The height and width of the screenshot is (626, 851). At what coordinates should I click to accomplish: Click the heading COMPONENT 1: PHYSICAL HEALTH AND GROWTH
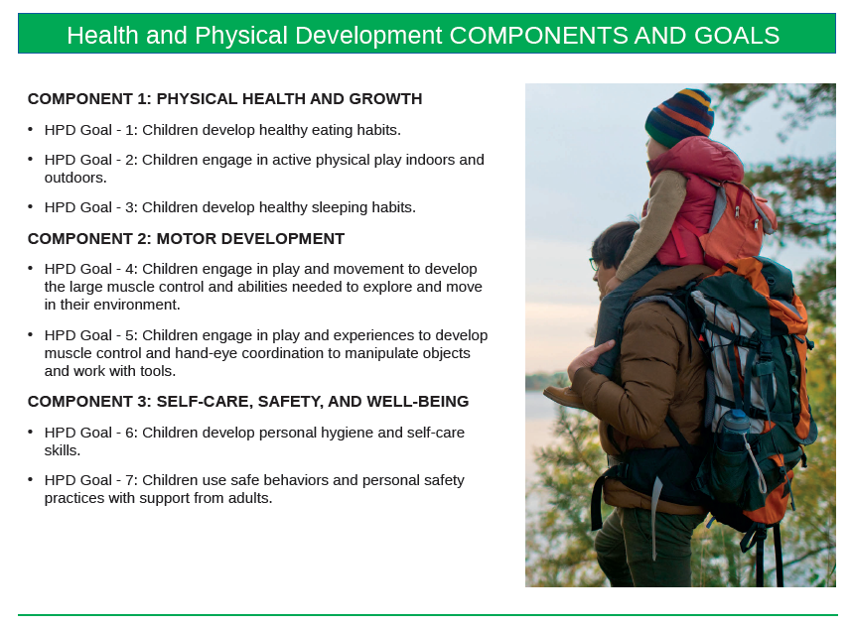[224, 98]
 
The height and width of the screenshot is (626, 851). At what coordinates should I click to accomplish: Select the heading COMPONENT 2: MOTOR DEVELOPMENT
[186, 238]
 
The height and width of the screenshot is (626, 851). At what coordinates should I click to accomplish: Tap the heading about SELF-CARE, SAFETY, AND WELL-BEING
[248, 401]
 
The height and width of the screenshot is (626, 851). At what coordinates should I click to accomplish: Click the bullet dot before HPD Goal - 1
[31, 129]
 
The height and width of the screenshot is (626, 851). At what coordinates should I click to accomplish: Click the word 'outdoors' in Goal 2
[73, 178]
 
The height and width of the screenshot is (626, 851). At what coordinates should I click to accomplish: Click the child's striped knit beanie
[679, 116]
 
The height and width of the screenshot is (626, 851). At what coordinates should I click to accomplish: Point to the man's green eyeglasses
[594, 265]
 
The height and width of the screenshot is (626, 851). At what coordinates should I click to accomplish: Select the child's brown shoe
[563, 396]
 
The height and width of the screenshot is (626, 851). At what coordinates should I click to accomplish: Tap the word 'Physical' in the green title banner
[241, 36]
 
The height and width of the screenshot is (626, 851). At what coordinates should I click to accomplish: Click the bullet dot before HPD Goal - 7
[31, 479]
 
